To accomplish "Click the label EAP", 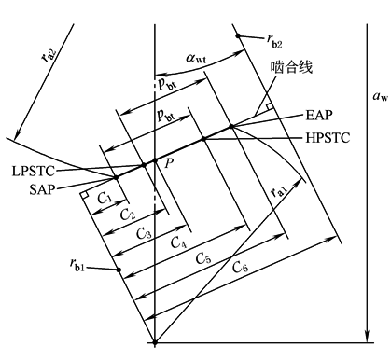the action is [x=319, y=115].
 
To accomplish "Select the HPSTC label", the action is [x=328, y=137].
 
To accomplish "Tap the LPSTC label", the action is [x=34, y=171].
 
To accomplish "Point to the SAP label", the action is [x=42, y=189].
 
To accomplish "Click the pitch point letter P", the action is [x=169, y=162].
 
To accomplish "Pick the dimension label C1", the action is [x=105, y=198].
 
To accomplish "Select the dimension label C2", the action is [x=128, y=215].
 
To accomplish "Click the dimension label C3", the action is [x=145, y=234].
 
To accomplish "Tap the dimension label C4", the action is [x=178, y=242].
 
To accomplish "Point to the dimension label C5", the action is [x=203, y=258].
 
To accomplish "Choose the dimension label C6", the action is [x=241, y=267].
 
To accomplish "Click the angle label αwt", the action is [x=196, y=58].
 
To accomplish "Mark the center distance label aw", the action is [x=381, y=96].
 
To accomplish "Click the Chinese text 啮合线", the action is [x=291, y=67].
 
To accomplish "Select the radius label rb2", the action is [x=274, y=41].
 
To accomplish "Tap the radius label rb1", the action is [x=77, y=265].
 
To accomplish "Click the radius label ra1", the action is [x=278, y=192].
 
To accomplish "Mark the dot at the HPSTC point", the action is [x=203, y=139].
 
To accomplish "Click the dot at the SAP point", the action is [x=116, y=177].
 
